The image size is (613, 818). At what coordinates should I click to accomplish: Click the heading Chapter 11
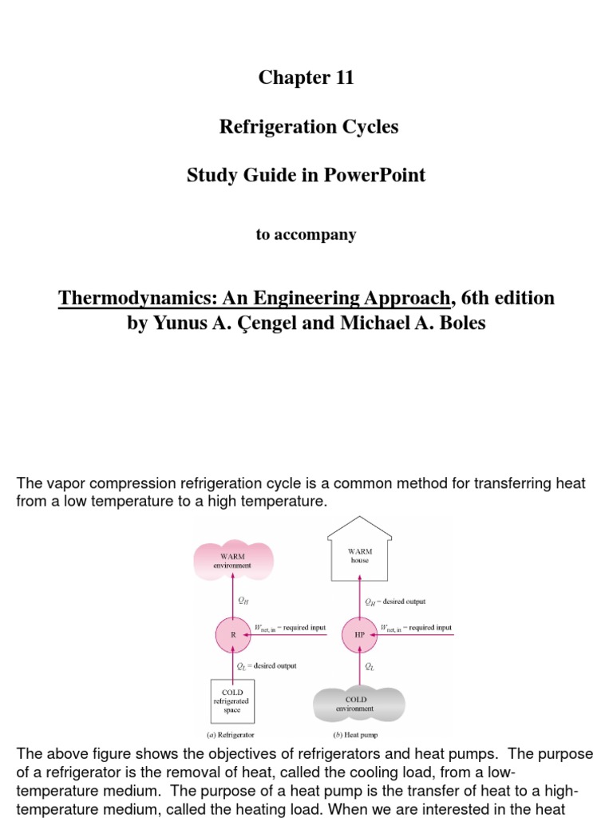click(306, 77)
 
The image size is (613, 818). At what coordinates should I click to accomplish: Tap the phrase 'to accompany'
click(306, 235)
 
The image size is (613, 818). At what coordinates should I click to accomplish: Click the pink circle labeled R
click(233, 635)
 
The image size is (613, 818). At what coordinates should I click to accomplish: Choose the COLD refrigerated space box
click(232, 701)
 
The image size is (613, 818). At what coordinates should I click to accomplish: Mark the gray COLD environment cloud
click(355, 703)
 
